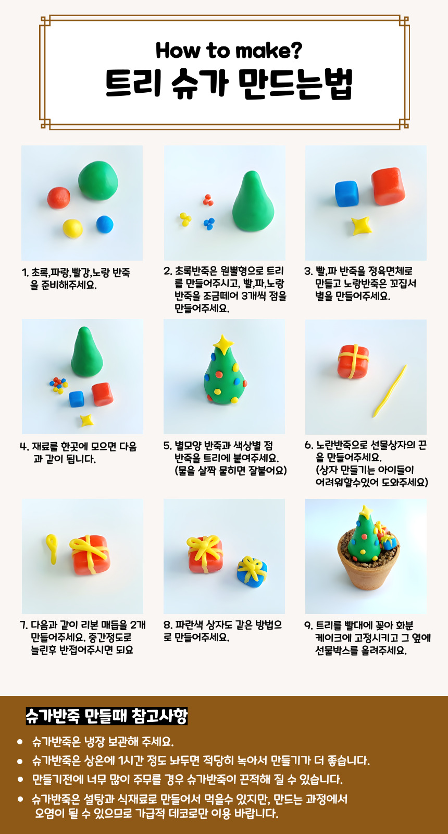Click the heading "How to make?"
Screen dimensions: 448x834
pyautogui.click(x=229, y=51)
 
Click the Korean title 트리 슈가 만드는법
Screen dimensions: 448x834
pyautogui.click(x=229, y=83)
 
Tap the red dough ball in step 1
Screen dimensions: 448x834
pyautogui.click(x=59, y=198)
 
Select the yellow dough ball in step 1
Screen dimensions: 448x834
pyautogui.click(x=72, y=228)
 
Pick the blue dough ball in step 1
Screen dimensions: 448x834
pyautogui.click(x=105, y=224)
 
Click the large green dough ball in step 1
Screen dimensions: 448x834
pyautogui.click(x=98, y=180)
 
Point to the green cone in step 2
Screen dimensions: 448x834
pyautogui.click(x=253, y=201)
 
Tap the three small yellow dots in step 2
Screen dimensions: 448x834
pyautogui.click(x=185, y=219)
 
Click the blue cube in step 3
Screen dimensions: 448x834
pyautogui.click(x=347, y=193)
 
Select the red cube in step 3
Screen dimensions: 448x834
pyautogui.click(x=388, y=186)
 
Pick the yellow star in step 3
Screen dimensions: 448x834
pyautogui.click(x=362, y=226)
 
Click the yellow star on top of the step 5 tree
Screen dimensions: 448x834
pyautogui.click(x=223, y=344)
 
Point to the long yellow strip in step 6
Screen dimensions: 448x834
pyautogui.click(x=390, y=391)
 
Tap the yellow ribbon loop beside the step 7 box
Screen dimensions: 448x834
pyautogui.click(x=52, y=549)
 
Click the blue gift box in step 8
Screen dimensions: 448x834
pyautogui.click(x=252, y=571)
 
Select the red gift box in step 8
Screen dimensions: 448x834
pyautogui.click(x=205, y=554)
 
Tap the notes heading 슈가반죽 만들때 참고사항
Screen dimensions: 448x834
pyautogui.click(x=106, y=716)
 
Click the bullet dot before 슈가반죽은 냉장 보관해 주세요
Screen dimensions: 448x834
pyautogui.click(x=20, y=742)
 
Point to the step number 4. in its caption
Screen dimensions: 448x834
pyautogui.click(x=24, y=446)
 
